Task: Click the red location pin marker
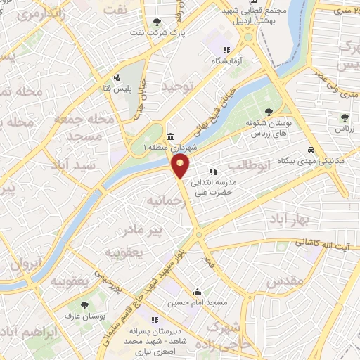click(x=181, y=166)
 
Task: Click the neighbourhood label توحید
click(x=177, y=86)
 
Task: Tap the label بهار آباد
click(x=288, y=221)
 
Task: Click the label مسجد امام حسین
click(x=197, y=302)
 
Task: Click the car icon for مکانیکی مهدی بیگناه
click(x=310, y=150)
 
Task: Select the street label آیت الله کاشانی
click(x=324, y=243)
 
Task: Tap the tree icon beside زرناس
click(x=344, y=117)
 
